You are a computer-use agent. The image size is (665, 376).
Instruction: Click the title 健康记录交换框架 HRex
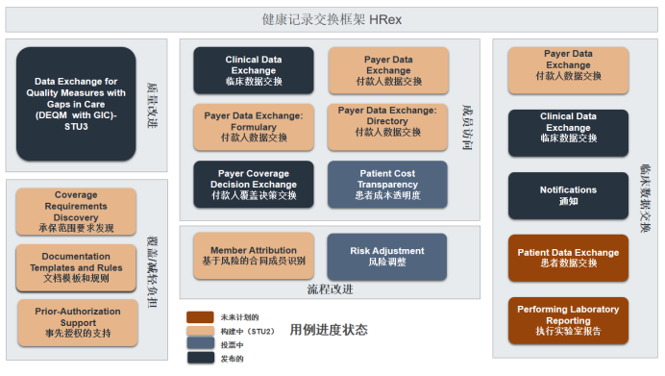coord(332,19)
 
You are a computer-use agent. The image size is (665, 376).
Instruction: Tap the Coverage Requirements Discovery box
coord(76,211)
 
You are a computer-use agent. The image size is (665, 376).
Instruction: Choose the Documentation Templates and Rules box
coord(76,267)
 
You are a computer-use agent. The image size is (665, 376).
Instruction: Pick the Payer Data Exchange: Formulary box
coord(254,126)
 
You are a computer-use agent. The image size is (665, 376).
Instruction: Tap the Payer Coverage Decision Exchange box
coord(254,184)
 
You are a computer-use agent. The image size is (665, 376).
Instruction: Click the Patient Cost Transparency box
coord(387,184)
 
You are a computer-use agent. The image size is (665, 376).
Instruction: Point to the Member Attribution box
coord(254,256)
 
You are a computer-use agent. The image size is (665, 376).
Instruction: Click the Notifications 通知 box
coord(568,195)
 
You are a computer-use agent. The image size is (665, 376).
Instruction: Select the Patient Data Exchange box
coord(568,257)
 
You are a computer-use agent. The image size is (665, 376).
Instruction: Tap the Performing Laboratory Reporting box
coord(568,320)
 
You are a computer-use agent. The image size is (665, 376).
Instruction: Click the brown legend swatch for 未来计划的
coord(200,316)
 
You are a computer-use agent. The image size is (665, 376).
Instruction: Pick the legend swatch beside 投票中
coord(200,343)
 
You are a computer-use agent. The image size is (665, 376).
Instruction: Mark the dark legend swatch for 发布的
coord(200,357)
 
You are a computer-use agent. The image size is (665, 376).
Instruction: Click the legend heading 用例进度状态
coord(329,330)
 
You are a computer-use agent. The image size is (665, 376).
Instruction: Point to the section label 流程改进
coord(330,288)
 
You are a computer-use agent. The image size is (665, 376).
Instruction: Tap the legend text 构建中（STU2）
coord(247,331)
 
